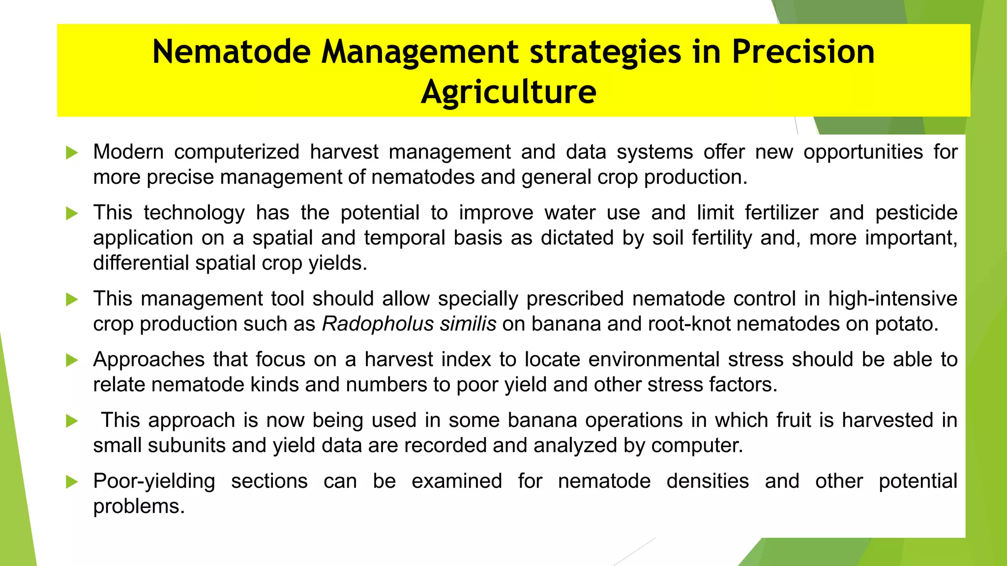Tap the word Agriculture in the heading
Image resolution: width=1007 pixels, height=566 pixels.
[x=508, y=92]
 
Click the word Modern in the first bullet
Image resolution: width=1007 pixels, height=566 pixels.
[x=128, y=152]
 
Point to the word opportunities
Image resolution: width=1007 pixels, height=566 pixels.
[x=863, y=152]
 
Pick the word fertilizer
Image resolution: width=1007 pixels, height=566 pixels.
[x=781, y=213]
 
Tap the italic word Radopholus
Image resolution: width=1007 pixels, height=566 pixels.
[x=378, y=324]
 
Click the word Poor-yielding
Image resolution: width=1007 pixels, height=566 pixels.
[x=154, y=481]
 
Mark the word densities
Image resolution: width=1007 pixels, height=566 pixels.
[x=708, y=481]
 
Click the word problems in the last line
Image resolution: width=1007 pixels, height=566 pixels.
[x=139, y=507]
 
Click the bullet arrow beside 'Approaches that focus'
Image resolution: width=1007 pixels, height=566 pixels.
[x=72, y=360]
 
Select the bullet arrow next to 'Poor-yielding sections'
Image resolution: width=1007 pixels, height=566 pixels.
[x=72, y=481]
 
